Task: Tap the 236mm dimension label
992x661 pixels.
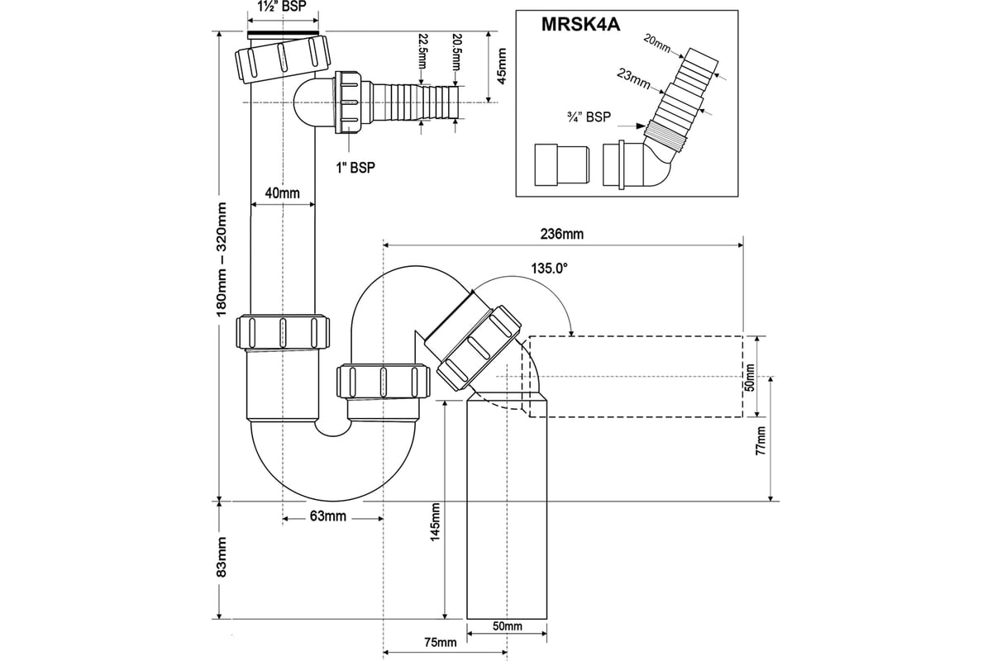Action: (561, 234)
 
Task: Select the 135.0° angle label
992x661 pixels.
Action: (549, 268)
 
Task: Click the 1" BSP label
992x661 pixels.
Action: (356, 168)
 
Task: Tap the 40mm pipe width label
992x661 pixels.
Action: (282, 193)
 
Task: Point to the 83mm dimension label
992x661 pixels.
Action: (221, 558)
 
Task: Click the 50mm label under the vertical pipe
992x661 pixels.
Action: (507, 627)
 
